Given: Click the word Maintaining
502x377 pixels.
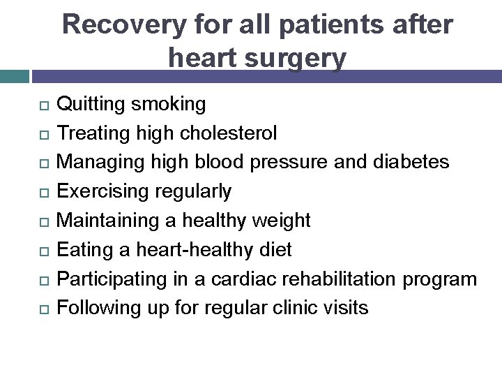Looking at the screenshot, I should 115,221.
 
